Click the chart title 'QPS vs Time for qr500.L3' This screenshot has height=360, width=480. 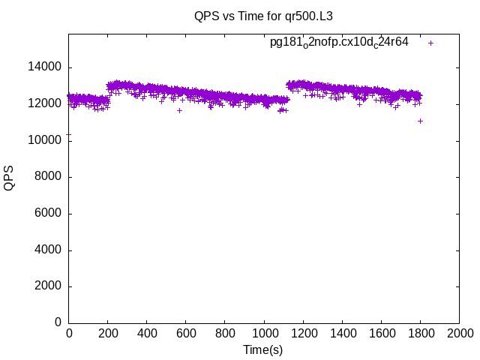click(263, 16)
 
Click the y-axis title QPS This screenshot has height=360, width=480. click(10, 178)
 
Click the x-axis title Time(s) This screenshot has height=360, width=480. click(263, 349)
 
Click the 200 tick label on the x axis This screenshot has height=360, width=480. click(108, 334)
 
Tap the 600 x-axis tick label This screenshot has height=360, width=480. click(186, 334)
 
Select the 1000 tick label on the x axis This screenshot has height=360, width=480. click(264, 334)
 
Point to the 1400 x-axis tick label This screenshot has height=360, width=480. click(342, 334)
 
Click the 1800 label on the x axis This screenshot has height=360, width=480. click(420, 334)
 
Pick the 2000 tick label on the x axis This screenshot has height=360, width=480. click(459, 334)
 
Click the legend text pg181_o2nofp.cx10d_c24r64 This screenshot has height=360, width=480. click(339, 43)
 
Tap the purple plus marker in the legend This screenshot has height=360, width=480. click(430, 43)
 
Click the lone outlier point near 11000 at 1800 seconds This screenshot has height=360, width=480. click(421, 121)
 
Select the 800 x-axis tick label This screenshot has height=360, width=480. click(225, 334)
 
